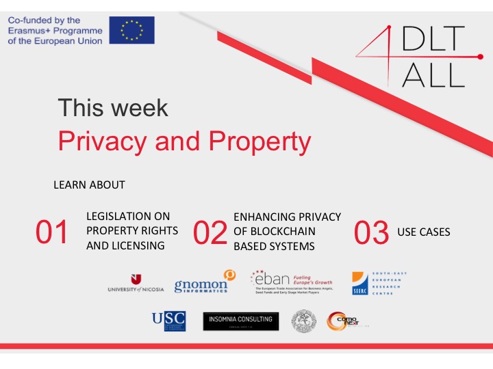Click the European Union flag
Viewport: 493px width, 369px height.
[x=131, y=30]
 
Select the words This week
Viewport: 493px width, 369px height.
[x=113, y=108]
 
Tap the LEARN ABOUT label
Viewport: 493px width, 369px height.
[x=89, y=185]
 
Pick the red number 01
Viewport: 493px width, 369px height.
[x=52, y=233]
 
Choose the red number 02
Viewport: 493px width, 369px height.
[x=210, y=233]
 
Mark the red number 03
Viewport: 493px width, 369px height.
[x=372, y=233]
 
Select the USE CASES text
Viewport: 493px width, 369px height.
[x=424, y=232]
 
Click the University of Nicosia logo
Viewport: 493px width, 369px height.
[x=136, y=283]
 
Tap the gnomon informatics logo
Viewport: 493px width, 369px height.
[x=204, y=282]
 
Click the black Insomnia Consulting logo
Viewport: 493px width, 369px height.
[x=241, y=321]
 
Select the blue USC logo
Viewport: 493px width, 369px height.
[x=169, y=320]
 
